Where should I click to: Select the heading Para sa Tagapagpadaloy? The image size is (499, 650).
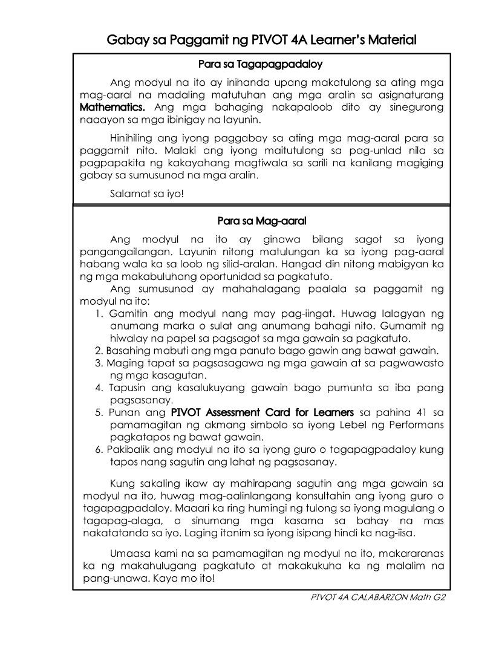[261, 63]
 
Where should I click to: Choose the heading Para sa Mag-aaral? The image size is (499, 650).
[261, 221]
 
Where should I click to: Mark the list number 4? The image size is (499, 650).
[99, 387]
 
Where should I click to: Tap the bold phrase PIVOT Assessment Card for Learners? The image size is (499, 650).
[262, 412]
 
